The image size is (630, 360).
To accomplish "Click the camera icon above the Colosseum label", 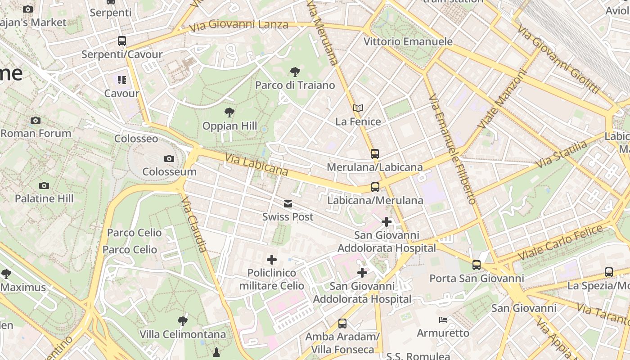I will click(169, 158).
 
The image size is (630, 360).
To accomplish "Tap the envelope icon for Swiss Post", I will click(288, 204).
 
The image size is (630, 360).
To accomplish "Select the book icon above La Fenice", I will click(358, 108).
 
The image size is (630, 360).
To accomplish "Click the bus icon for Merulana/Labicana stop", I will click(375, 154).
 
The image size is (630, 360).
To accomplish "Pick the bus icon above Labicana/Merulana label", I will click(375, 187).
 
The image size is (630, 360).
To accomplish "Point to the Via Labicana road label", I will click(256, 165).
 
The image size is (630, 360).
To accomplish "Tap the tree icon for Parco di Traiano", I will click(295, 72).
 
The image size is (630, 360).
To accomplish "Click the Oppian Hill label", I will click(229, 126).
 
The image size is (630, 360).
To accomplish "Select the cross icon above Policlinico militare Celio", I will click(272, 260).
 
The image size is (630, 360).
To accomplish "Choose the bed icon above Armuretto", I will click(443, 320).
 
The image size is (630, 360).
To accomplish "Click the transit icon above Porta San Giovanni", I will click(477, 265).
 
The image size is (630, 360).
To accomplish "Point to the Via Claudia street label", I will click(195, 224).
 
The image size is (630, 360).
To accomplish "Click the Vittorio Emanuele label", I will click(408, 41).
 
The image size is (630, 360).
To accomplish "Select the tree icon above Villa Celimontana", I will click(182, 321).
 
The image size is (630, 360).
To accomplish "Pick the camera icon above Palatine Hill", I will click(44, 185).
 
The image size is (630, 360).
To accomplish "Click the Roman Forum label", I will click(36, 133).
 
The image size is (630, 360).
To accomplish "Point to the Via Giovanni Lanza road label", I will click(238, 26).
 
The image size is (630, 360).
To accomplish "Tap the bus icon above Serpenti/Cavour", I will click(121, 41).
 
